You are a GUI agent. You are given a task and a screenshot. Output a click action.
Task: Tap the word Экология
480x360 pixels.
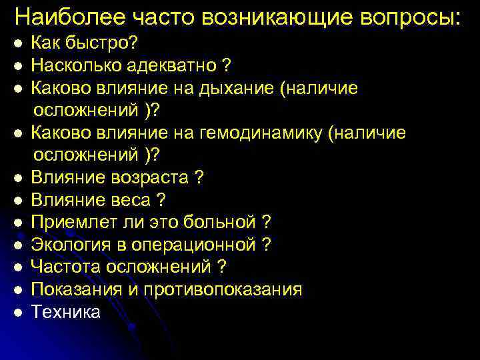pos(69,245)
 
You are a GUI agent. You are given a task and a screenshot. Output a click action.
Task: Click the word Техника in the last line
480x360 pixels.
pos(66,311)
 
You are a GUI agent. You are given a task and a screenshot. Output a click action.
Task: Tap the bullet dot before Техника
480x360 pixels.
pos(20,313)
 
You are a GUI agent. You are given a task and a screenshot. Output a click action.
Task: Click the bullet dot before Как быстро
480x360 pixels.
pos(20,43)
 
